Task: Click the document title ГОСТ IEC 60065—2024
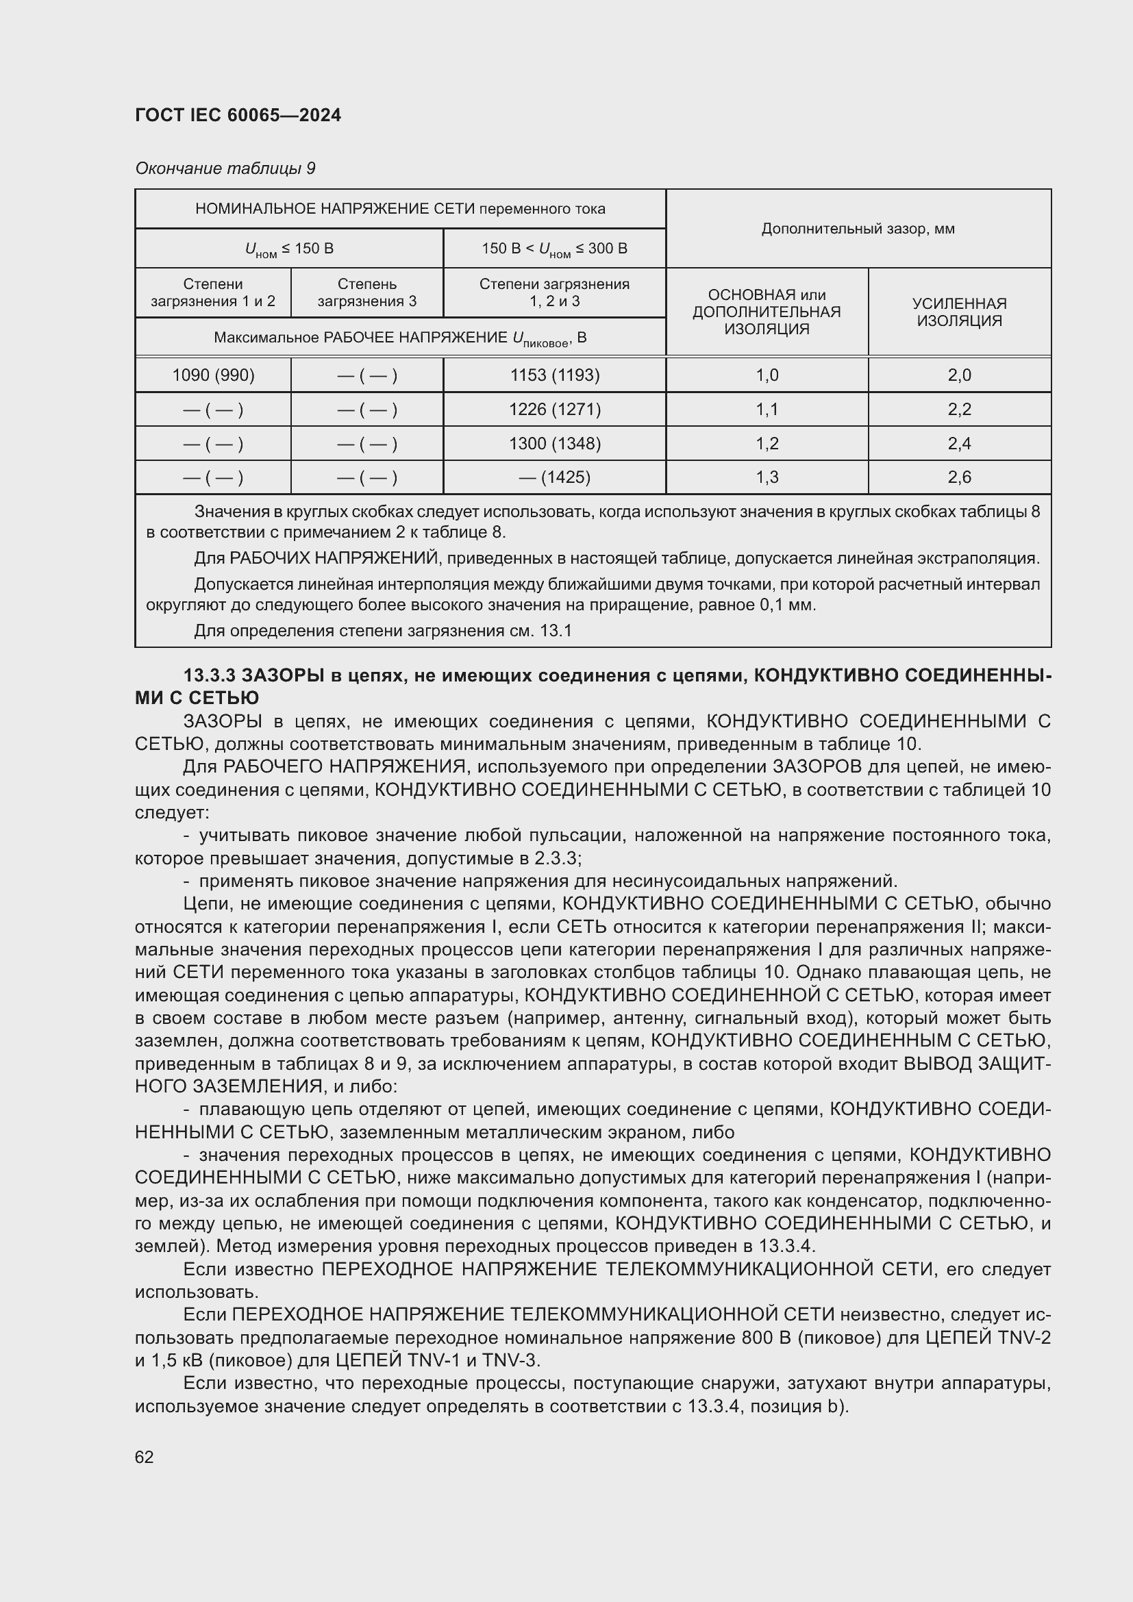coord(238,115)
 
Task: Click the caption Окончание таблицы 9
coord(225,168)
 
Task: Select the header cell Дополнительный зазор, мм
coord(858,229)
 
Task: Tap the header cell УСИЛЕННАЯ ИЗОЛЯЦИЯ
coord(959,312)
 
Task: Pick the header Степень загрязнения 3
coord(367,292)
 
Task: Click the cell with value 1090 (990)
coord(213,375)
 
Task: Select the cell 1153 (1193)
coord(555,375)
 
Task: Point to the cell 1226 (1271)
coord(555,409)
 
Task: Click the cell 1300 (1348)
coord(555,443)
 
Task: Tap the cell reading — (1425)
coord(555,477)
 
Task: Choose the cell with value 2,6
coord(959,477)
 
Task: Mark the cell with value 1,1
coord(767,409)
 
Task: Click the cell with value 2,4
coord(959,443)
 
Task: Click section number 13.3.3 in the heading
coord(210,675)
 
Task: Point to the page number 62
coord(145,1457)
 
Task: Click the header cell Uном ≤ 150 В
coord(289,249)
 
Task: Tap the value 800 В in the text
coord(760,1338)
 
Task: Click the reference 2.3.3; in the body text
coord(556,858)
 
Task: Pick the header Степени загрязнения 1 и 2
coord(213,292)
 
